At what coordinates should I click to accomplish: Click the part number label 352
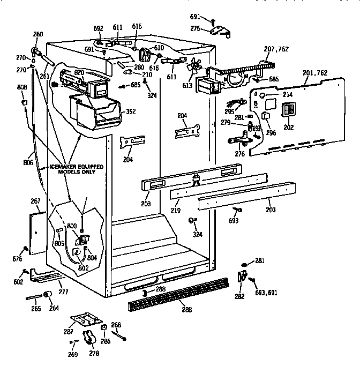coord(130,112)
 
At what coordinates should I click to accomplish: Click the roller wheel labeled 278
coord(91,339)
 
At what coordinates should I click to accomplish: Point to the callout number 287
coord(69,332)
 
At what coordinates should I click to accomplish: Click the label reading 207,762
coord(276,49)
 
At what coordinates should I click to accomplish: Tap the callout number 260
coord(37,35)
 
